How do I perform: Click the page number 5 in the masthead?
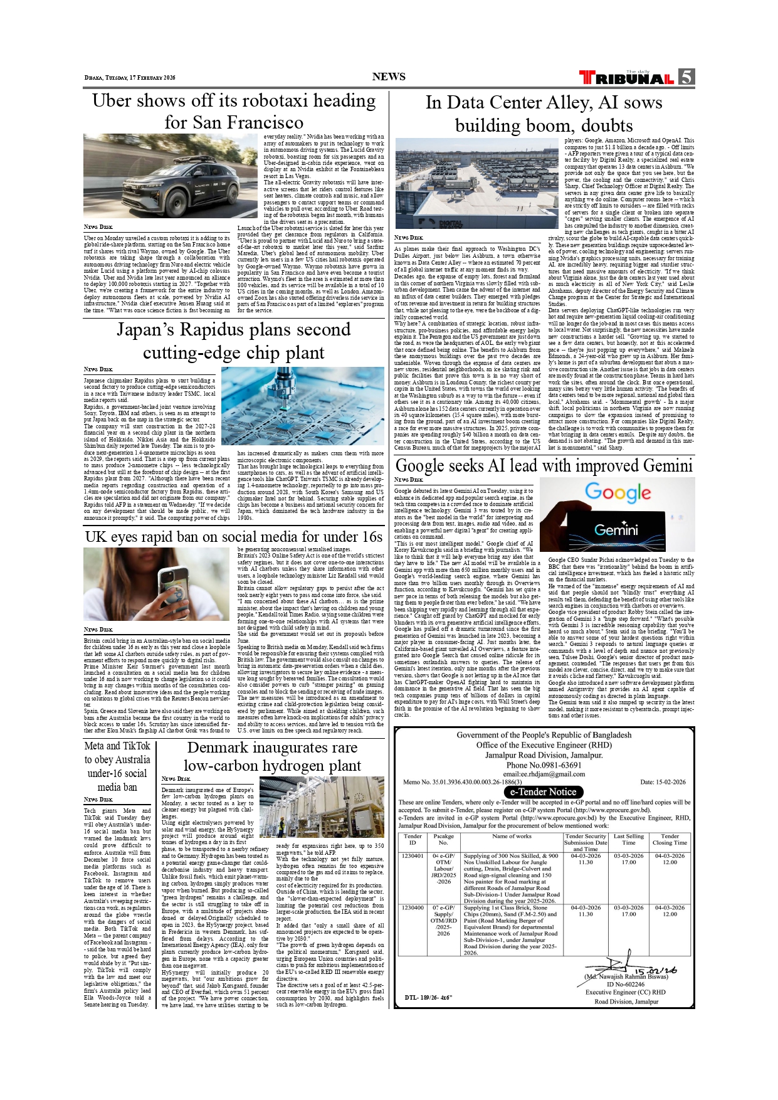(x=686, y=77)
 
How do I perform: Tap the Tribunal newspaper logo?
(x=628, y=78)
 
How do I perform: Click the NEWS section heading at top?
(x=389, y=77)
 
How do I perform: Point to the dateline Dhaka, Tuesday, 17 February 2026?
(x=130, y=78)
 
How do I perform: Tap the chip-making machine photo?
(x=311, y=406)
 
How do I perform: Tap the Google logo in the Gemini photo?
(x=618, y=493)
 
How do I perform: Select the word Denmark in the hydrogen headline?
(x=218, y=748)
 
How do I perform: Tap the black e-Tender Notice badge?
(x=543, y=791)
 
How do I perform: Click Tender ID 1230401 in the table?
(x=413, y=856)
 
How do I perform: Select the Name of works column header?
(x=512, y=837)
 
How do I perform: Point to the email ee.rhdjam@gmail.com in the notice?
(x=544, y=774)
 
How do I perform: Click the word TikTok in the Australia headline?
(x=136, y=746)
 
